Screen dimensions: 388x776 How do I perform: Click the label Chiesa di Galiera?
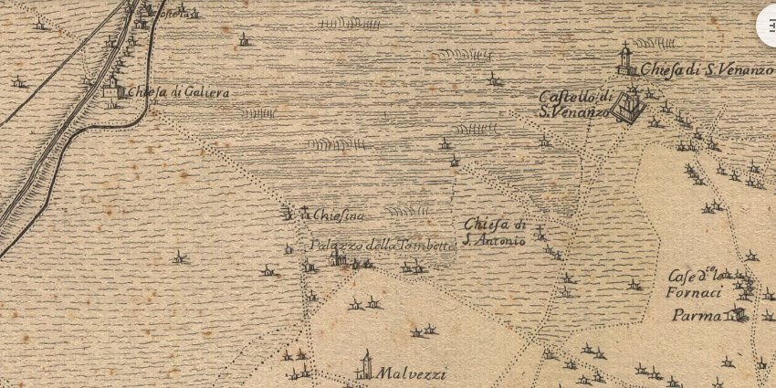[x=178, y=92]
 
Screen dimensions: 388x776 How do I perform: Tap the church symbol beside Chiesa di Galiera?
[x=113, y=88]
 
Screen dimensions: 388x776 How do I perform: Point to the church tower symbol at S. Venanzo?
[x=625, y=60]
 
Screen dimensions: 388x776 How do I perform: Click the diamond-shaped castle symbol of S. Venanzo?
[x=627, y=106]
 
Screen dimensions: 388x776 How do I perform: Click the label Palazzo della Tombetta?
[x=382, y=246]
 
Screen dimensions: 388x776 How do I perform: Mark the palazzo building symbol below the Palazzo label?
[x=338, y=259]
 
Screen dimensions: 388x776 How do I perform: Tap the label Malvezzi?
[x=407, y=372]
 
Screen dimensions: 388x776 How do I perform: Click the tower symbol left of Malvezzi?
[x=366, y=365]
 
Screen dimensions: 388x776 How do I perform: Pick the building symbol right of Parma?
[x=736, y=315]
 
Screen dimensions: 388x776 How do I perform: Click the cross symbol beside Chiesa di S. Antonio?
[x=540, y=233]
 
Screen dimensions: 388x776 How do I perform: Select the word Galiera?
[x=204, y=92]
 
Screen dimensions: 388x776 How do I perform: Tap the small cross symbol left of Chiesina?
[x=303, y=212]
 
